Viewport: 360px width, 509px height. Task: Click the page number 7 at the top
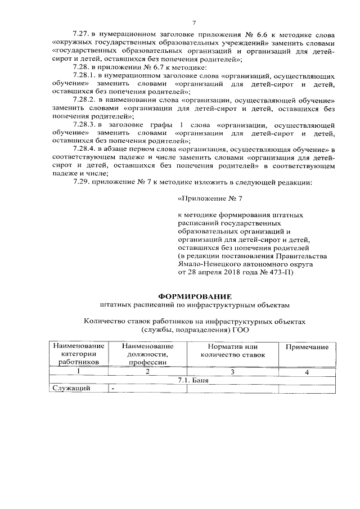click(193, 22)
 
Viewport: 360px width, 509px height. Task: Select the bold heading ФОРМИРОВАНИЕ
click(194, 296)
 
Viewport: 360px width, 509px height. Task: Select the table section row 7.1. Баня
click(193, 380)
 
